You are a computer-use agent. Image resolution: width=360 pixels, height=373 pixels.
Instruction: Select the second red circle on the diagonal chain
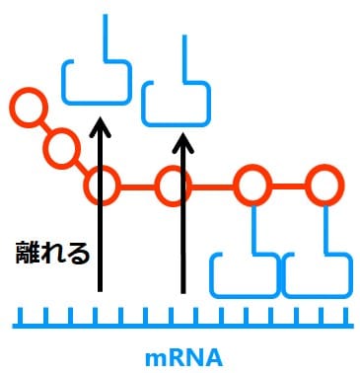tap(62, 149)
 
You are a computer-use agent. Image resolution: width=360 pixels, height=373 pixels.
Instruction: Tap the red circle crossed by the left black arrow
tap(101, 185)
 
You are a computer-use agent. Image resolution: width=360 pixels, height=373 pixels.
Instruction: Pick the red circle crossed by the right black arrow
tap(172, 185)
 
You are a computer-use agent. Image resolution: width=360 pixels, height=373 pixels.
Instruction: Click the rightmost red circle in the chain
tap(324, 185)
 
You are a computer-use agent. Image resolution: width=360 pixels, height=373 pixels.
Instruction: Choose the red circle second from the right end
tap(252, 185)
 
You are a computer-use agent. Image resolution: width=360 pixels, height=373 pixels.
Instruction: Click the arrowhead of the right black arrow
tap(181, 143)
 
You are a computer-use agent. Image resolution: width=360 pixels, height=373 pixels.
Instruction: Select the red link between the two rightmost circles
tap(288, 185)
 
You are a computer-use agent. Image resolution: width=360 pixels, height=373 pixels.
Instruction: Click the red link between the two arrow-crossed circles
tap(136, 185)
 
